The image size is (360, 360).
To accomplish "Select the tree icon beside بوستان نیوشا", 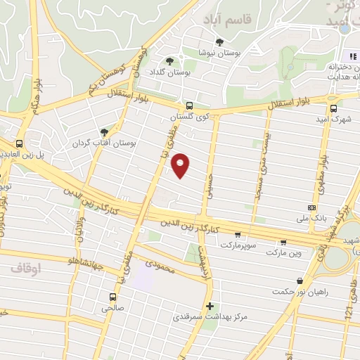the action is tap(219, 42).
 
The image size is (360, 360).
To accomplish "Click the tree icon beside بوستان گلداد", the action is tap(169, 60).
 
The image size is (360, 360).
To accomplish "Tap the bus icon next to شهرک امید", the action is tap(333, 108).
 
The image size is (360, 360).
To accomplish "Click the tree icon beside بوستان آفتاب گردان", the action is tap(105, 131).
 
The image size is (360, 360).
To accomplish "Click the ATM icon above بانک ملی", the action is tap(311, 208).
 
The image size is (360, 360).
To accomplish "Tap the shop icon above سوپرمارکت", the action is tap(238, 235).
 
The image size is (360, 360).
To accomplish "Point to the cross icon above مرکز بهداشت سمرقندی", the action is tap(210, 306).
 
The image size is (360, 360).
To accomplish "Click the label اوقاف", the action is tap(27, 269).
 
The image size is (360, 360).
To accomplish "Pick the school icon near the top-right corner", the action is tap(352, 56).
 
